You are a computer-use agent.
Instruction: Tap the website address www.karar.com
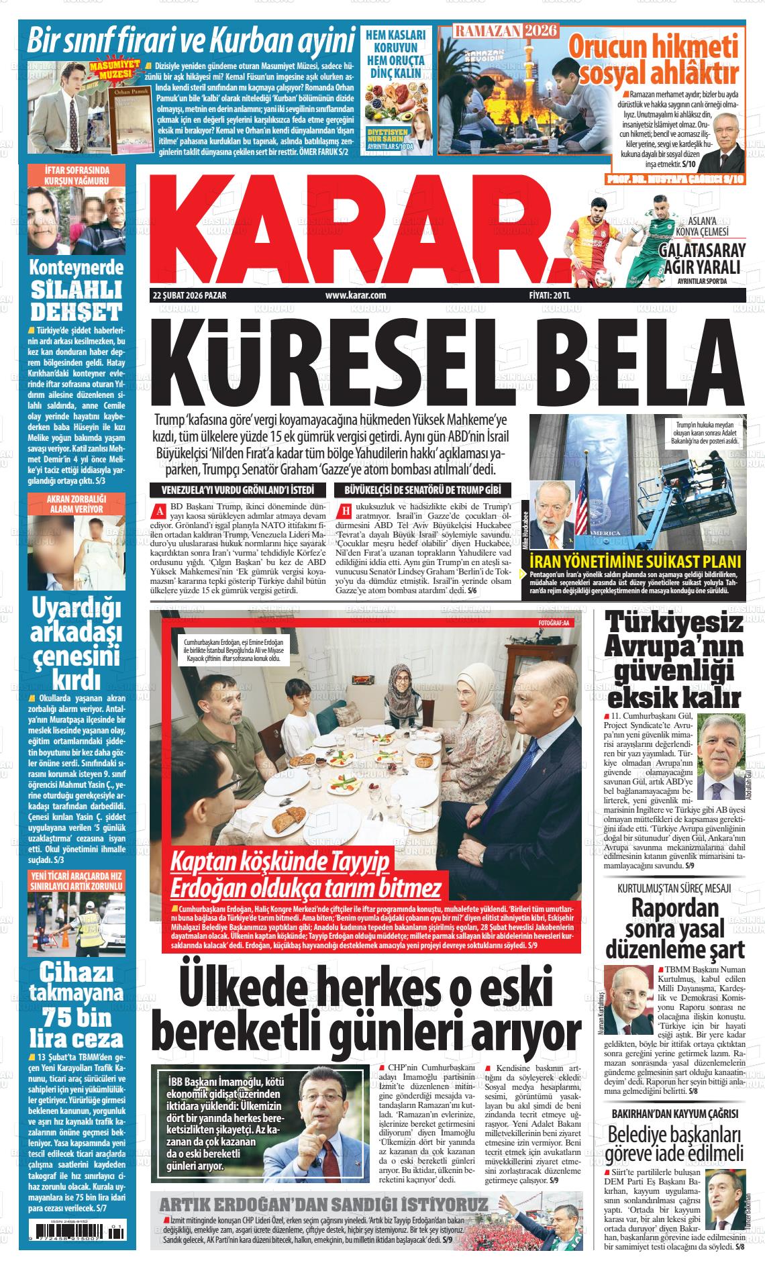point(355,295)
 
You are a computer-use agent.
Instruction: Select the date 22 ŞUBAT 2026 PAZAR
point(189,295)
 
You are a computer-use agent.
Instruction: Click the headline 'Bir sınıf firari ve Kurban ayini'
point(191,41)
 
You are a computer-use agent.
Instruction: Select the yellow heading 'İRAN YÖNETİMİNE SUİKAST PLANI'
point(634,562)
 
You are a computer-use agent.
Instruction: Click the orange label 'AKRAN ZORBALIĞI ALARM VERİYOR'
point(76,504)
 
